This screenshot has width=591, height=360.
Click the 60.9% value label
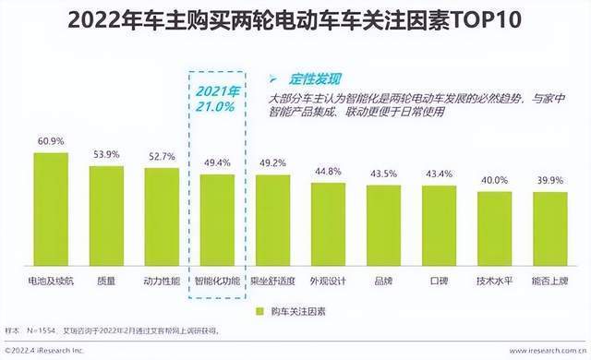coord(51,142)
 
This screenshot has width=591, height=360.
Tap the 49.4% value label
coord(217,162)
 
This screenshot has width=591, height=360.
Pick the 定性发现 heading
coord(309,78)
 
